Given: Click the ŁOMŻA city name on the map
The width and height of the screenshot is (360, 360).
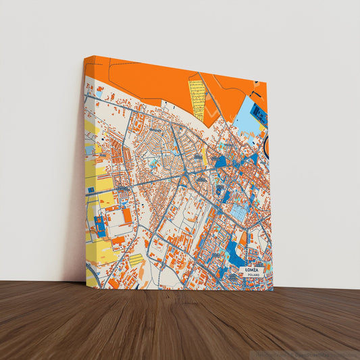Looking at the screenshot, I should coord(253,270).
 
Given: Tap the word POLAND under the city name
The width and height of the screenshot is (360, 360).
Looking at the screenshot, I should coord(252,276).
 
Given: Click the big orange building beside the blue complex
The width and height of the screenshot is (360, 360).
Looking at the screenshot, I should coord(126,215).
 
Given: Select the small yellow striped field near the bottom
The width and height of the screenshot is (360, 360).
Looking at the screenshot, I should coord(135,259).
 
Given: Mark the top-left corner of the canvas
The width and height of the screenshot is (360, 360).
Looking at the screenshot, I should coord(86,57).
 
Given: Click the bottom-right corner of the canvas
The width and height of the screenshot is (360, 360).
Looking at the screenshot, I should coord(273,290).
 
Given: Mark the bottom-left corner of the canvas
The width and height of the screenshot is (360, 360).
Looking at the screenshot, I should coord(86,282).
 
